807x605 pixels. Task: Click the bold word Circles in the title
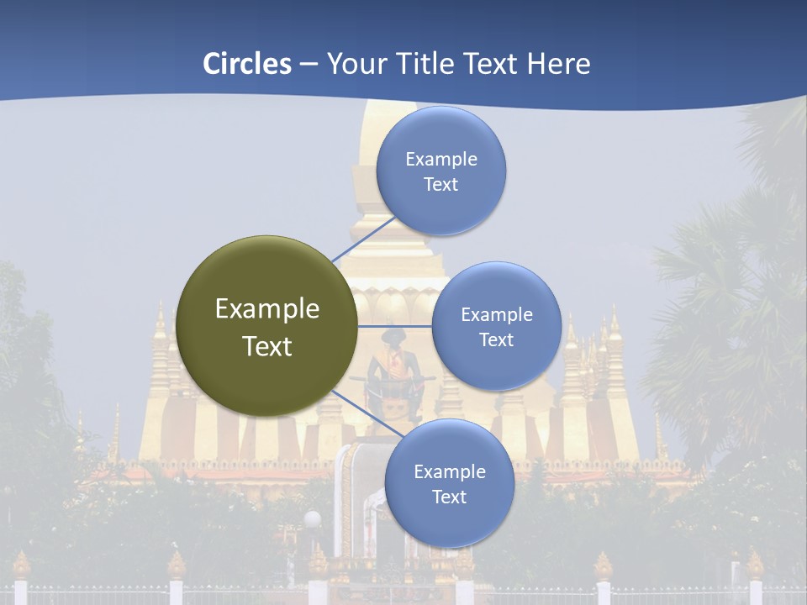(246, 64)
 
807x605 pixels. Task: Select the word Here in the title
(558, 64)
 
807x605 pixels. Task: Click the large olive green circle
(266, 326)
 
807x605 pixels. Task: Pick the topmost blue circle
(441, 171)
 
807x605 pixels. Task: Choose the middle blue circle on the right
(497, 326)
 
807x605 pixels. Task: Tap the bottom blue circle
(450, 483)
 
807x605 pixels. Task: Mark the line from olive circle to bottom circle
(362, 413)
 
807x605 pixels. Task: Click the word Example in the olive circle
(266, 309)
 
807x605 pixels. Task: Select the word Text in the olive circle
(266, 346)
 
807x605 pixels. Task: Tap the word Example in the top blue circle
(441, 159)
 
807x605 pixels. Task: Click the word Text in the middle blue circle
(497, 339)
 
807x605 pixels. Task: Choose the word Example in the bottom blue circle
(450, 471)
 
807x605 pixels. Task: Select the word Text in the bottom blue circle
(450, 497)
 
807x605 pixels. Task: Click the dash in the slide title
(309, 65)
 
